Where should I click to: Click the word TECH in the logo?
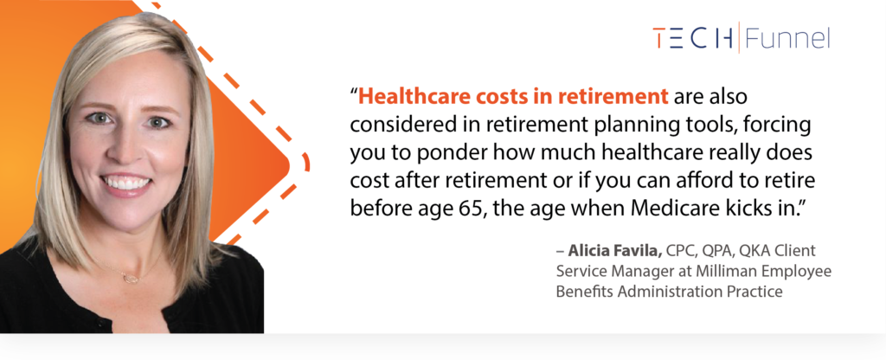pos(693,38)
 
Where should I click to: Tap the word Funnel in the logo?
pos(787,38)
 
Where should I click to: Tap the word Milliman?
pos(729,271)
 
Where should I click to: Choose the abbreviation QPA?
pos(716,250)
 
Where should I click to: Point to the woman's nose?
pos(128,148)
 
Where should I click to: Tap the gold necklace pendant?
pos(132,278)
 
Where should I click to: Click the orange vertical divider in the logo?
pos(739,37)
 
